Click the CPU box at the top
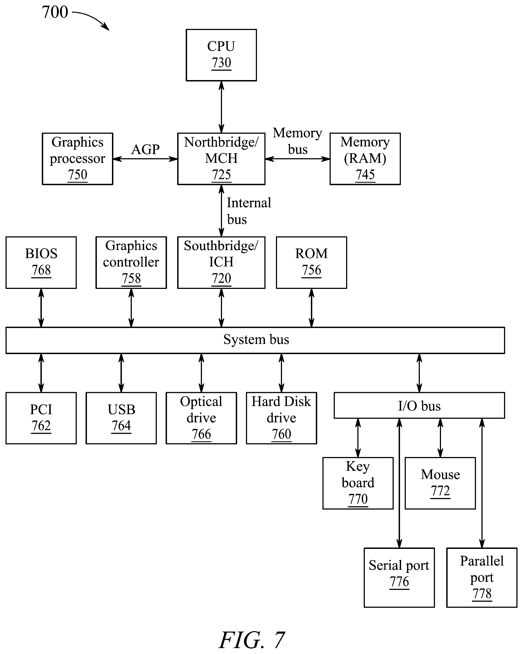click(x=221, y=55)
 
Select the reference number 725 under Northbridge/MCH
click(x=221, y=175)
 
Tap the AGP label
click(x=145, y=149)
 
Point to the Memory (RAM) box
click(x=365, y=159)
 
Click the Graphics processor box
click(x=77, y=159)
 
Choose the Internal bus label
click(x=249, y=211)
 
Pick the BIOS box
click(x=41, y=262)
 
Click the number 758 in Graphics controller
click(x=131, y=278)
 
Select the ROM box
click(x=311, y=262)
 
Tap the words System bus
click(x=256, y=340)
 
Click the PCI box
click(x=41, y=418)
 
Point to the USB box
click(x=121, y=418)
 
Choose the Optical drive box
click(x=201, y=418)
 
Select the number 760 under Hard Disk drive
click(x=281, y=434)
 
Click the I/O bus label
click(x=419, y=406)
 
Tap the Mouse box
click(x=440, y=483)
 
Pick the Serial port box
click(x=399, y=578)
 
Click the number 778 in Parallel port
click(x=482, y=594)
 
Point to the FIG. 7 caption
click(x=252, y=640)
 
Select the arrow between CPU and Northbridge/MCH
click(x=221, y=107)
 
